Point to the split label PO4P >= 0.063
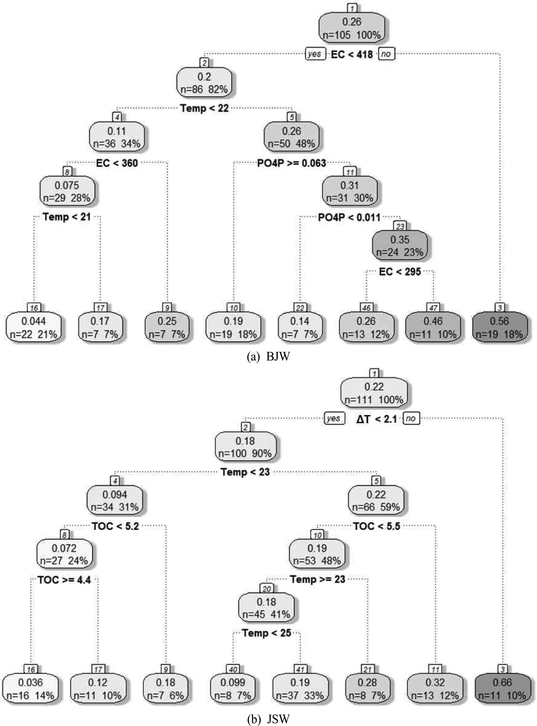[292, 163]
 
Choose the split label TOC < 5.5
[376, 526]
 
